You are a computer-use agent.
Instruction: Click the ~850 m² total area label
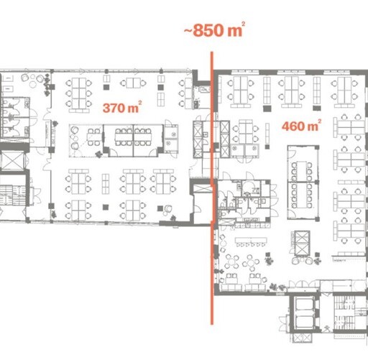click(214, 29)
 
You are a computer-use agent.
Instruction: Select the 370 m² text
click(122, 107)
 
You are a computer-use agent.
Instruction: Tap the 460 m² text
click(301, 126)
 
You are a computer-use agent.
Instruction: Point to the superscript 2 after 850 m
click(243, 24)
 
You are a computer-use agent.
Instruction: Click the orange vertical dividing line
click(212, 188)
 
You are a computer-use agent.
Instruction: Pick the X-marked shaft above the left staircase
click(12, 161)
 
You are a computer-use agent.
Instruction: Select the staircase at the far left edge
click(13, 195)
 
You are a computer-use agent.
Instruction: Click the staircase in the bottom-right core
click(344, 313)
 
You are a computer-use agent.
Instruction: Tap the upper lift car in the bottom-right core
click(305, 304)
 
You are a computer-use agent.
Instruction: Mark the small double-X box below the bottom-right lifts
click(303, 338)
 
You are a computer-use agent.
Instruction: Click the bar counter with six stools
click(251, 241)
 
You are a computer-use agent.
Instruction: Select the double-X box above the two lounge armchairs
click(302, 243)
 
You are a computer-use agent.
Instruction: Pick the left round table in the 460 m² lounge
click(231, 262)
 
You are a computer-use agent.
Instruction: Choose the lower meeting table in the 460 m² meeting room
click(302, 195)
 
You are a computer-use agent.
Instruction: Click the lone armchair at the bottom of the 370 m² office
click(168, 208)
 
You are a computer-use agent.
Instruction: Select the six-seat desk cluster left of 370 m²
click(79, 93)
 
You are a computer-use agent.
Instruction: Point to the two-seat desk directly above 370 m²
click(133, 83)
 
